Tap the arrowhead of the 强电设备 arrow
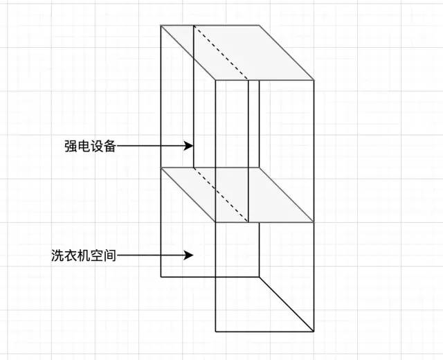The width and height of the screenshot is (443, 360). pos(189,145)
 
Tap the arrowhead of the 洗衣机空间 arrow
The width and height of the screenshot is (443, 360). pos(189,255)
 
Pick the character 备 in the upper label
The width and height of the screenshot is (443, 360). pos(109,145)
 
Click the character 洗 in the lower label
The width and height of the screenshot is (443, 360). pos(57,255)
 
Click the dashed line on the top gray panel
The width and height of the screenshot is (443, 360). pos(220,53)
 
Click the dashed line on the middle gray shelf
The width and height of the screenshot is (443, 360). pos(220,195)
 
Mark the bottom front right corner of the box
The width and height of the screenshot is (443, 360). pos(314,332)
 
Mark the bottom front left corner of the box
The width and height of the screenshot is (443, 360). pos(216,332)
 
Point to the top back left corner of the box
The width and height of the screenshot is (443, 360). pos(161,26)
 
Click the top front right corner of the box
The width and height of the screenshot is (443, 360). pos(314,80)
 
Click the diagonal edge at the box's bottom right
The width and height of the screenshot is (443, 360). pos(287,304)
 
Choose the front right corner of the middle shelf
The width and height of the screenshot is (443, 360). pos(314,222)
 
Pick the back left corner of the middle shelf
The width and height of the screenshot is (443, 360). pos(161,168)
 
